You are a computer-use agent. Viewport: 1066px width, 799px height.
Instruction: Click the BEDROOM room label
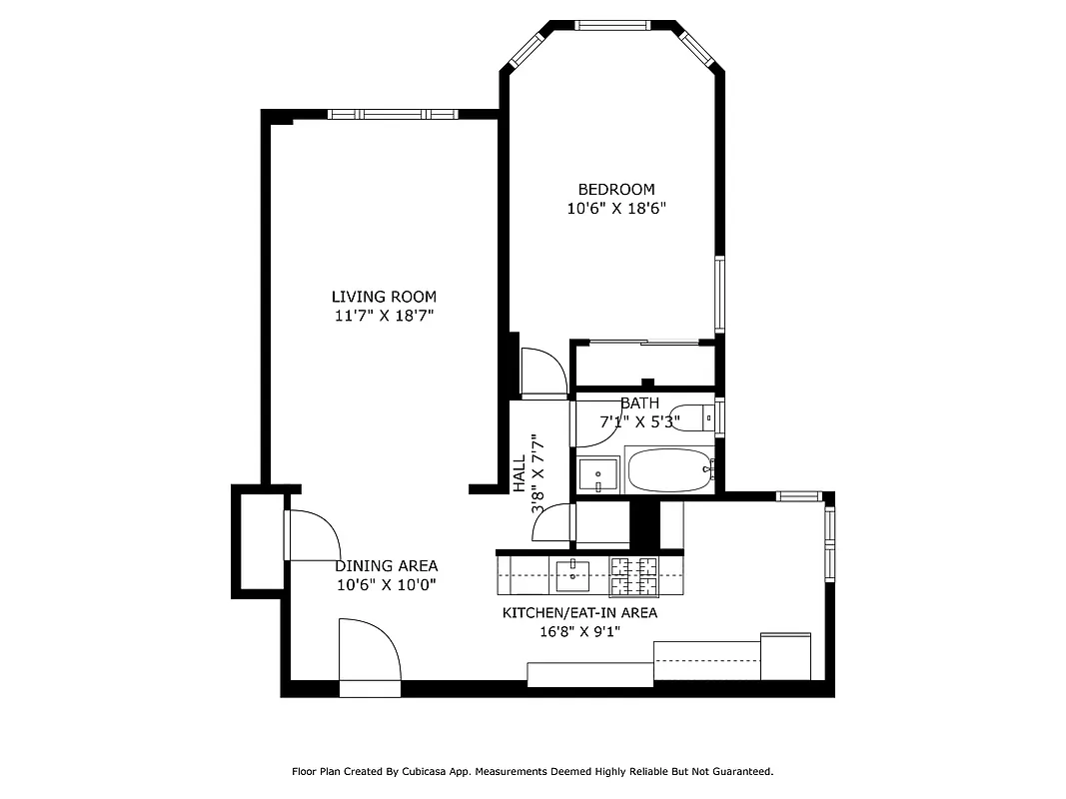(616, 189)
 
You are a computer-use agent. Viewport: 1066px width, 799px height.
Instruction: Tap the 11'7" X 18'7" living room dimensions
(385, 316)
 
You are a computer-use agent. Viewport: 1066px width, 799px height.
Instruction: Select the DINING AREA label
(386, 565)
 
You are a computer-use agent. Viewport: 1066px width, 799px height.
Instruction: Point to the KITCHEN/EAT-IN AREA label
(579, 612)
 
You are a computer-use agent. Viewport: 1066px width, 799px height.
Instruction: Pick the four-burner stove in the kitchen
(635, 574)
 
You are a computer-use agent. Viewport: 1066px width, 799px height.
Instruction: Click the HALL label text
(520, 474)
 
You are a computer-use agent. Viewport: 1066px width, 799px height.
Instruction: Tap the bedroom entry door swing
(541, 371)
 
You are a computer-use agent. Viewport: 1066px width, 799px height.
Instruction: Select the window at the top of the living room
(392, 115)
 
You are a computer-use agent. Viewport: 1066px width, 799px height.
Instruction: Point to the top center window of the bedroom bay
(612, 25)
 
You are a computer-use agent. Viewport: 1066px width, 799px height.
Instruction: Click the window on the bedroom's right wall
(718, 294)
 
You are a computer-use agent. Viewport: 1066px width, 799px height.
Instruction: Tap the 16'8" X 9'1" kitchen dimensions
(579, 631)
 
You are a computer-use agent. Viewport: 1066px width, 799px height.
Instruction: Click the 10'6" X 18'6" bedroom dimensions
(616, 209)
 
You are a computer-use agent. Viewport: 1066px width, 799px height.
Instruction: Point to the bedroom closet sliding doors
(641, 345)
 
